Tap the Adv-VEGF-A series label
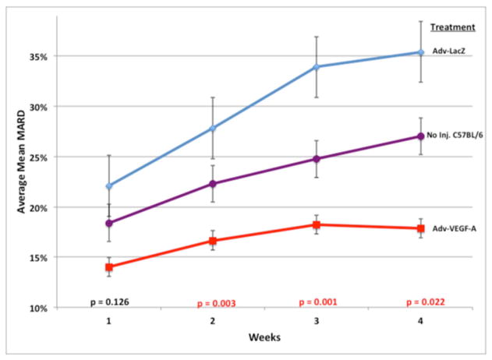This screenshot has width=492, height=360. [x=455, y=228]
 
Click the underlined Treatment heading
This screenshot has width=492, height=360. [x=455, y=27]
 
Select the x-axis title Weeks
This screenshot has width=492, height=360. [x=264, y=340]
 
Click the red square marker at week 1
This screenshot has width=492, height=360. [x=109, y=267]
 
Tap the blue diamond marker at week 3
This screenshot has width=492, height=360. [x=317, y=67]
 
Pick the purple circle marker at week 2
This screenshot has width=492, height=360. [x=213, y=184]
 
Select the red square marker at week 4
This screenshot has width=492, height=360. [x=420, y=228]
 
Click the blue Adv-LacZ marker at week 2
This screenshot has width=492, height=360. [x=213, y=129]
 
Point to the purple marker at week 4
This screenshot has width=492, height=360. [x=420, y=136]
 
